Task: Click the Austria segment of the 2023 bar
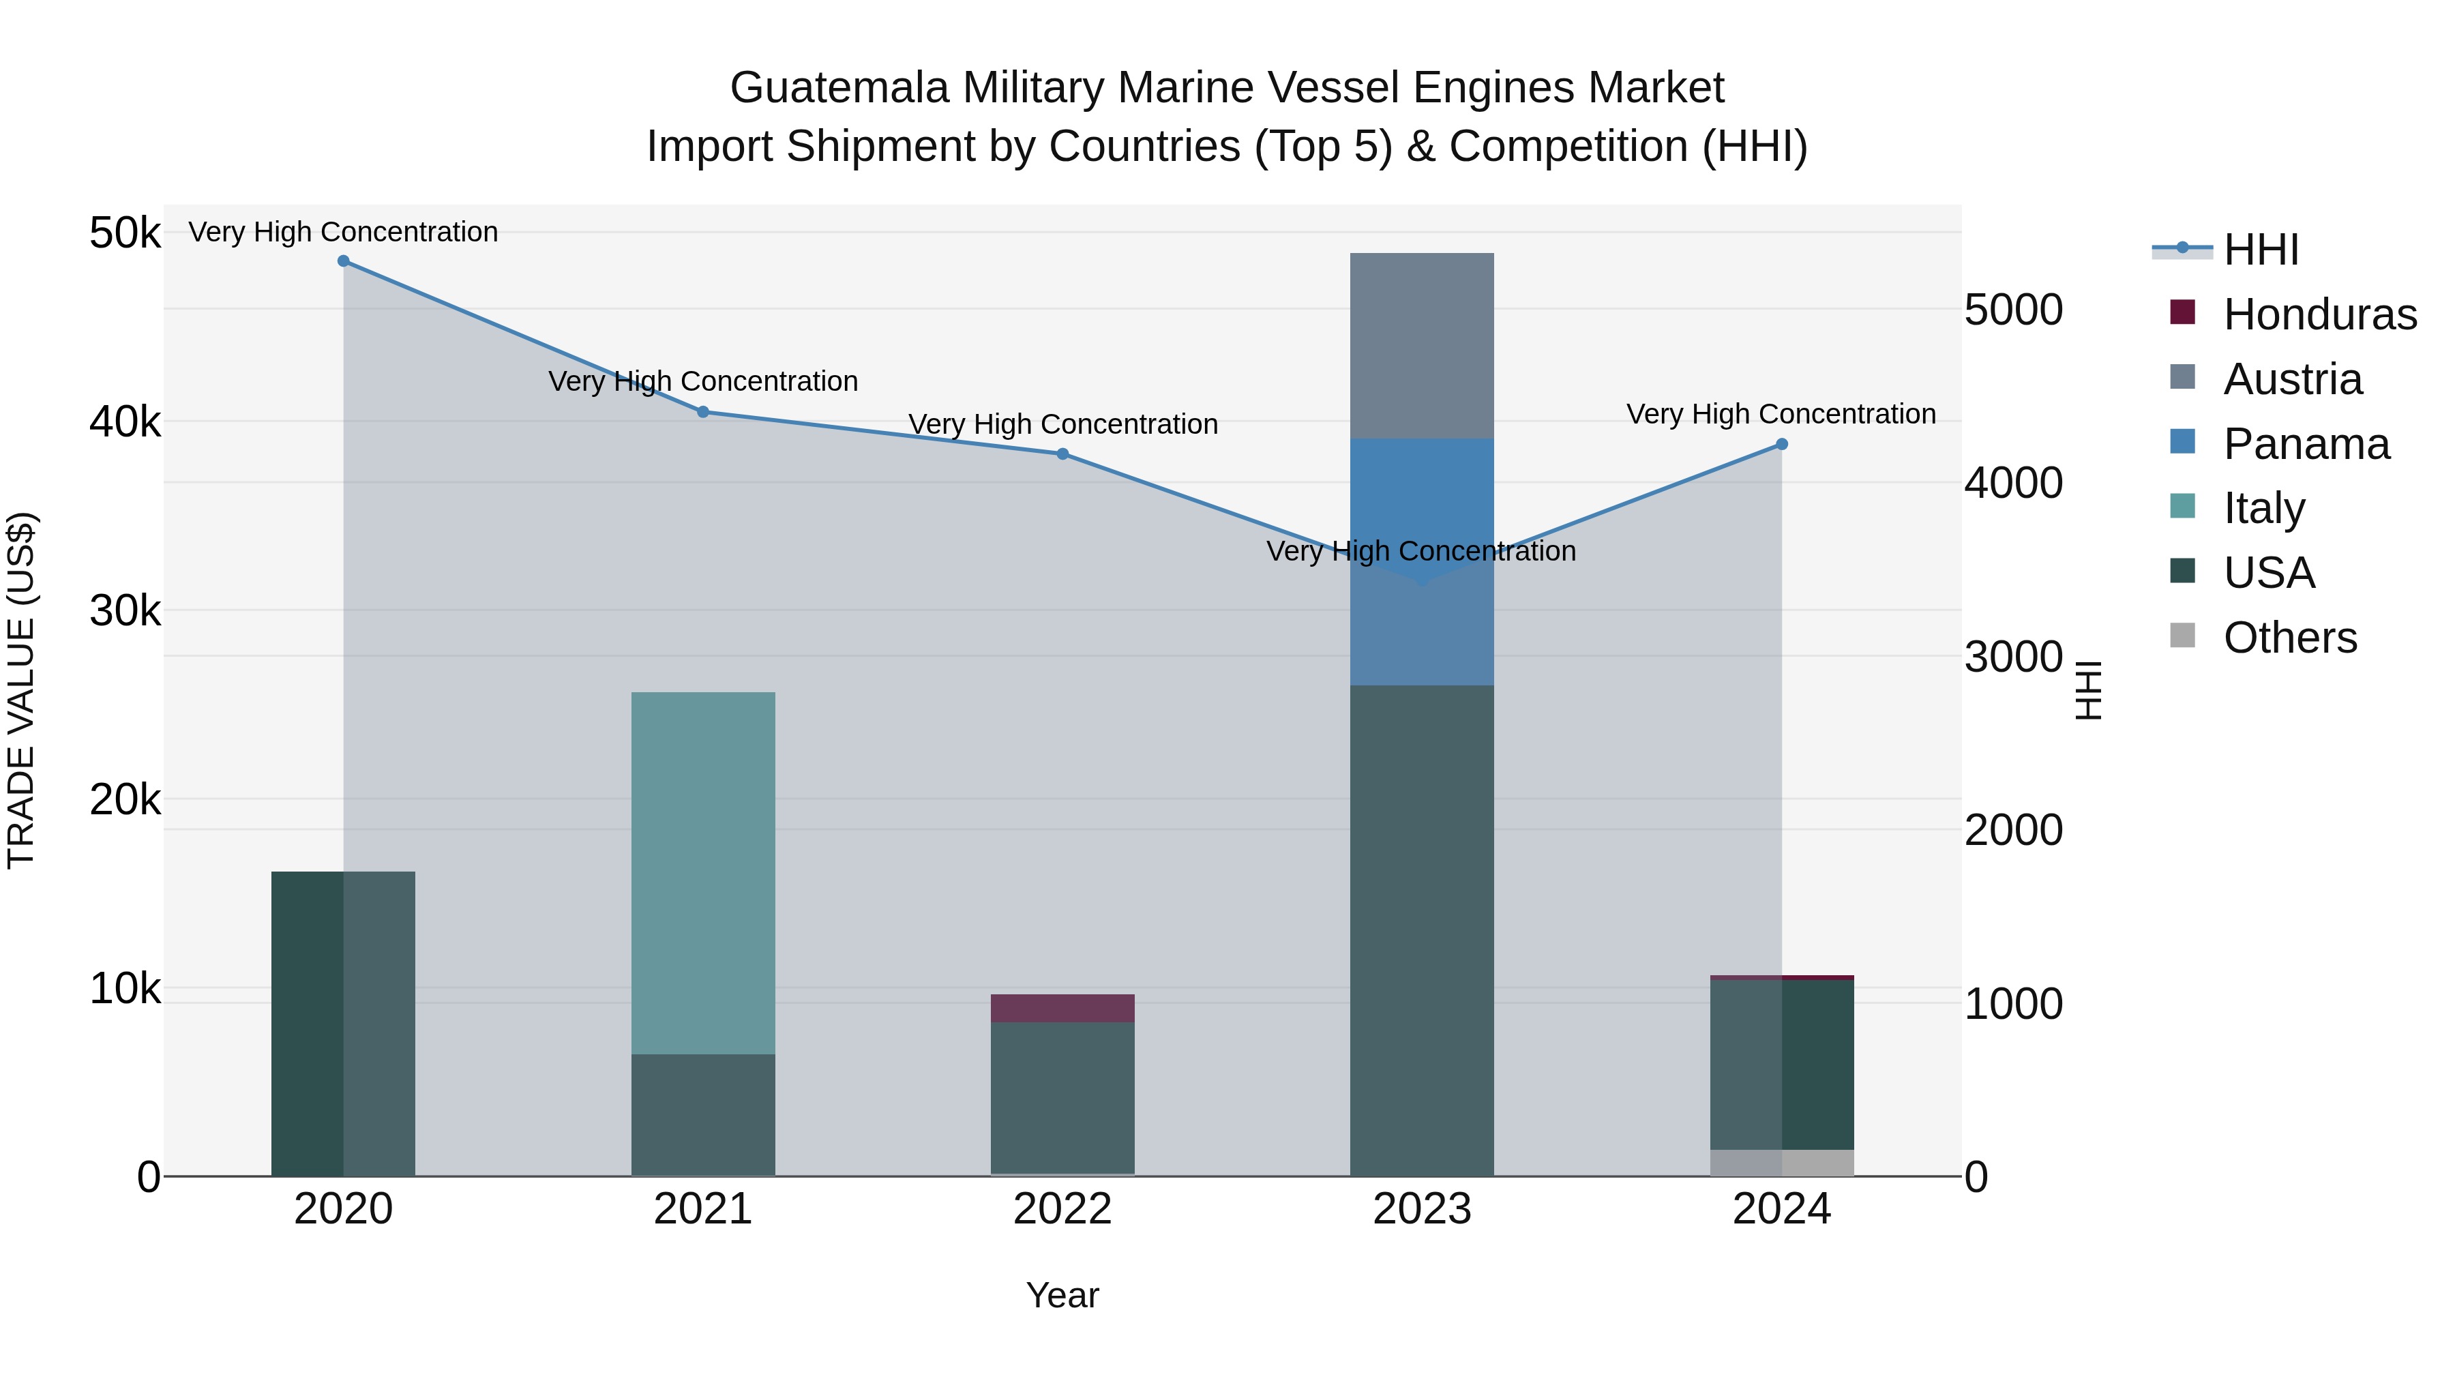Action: tap(1422, 345)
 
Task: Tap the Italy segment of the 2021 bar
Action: tap(703, 872)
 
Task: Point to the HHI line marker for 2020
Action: tap(343, 261)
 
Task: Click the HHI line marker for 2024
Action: tap(1781, 444)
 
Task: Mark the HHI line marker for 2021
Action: tap(703, 412)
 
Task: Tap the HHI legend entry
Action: tap(2260, 250)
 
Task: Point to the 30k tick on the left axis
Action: tap(125, 611)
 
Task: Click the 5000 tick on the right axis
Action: tap(2014, 310)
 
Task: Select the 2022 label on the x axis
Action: tap(1062, 1209)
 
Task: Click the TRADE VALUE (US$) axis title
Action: tap(21, 690)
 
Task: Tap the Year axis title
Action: tap(1062, 1295)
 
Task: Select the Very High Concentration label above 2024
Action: tap(1781, 415)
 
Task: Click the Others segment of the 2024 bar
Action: tap(1781, 1163)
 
